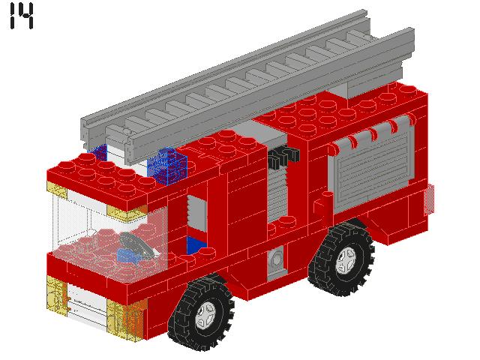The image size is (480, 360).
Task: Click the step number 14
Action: click(22, 16)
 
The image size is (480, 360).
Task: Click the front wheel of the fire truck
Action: click(202, 313)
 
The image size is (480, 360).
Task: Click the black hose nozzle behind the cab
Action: click(283, 157)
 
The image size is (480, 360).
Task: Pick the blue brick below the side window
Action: click(196, 245)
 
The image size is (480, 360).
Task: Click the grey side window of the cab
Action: click(196, 212)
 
